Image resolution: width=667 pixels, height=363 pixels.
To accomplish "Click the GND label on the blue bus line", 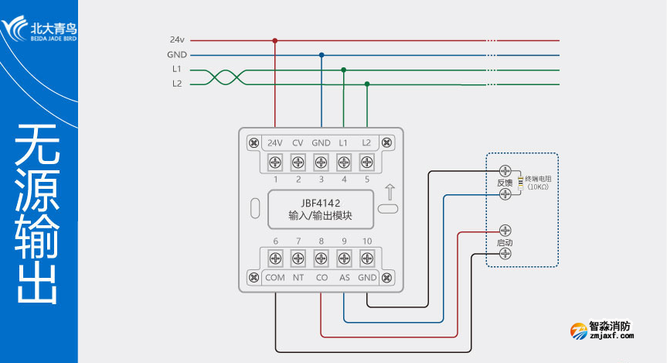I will (176, 55).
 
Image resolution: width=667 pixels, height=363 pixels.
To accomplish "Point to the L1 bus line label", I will (177, 70).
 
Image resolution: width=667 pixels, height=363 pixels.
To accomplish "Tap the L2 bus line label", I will (177, 84).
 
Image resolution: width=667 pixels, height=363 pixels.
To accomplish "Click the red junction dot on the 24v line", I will (274, 40).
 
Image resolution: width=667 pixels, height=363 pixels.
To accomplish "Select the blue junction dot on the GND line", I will (322, 55).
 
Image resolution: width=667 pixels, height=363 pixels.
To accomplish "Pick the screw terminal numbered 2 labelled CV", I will (298, 163).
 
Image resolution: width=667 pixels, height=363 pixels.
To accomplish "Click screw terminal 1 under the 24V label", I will (274, 163).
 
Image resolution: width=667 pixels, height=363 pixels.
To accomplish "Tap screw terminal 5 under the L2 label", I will (366, 163).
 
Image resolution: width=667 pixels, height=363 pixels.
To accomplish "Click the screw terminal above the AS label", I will (344, 259).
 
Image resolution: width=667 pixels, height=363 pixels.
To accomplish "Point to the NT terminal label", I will (298, 278).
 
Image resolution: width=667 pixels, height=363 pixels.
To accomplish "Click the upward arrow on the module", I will (390, 191).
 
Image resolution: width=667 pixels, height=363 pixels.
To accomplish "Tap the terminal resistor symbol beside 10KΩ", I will (521, 182).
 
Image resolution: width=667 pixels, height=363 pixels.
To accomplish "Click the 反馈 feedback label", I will (505, 183).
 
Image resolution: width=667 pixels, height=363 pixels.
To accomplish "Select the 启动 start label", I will (505, 242).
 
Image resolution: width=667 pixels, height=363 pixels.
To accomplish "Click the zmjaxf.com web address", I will (611, 336).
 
